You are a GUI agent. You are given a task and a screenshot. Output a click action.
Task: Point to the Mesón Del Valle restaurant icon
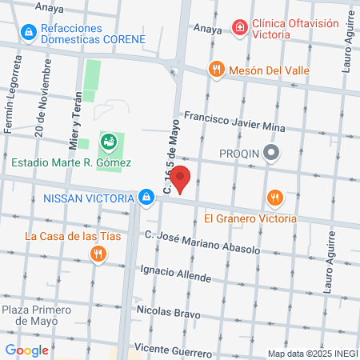[x=214, y=70]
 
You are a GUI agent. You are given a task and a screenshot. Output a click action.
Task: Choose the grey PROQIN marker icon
[x=272, y=152]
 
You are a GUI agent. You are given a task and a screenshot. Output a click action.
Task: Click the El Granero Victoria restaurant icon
[x=274, y=198]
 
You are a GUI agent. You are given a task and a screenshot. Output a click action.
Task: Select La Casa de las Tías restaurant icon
[x=98, y=254]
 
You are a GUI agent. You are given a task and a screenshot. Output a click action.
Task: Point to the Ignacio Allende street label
[x=174, y=274]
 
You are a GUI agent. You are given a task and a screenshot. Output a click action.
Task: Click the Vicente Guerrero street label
[x=173, y=350]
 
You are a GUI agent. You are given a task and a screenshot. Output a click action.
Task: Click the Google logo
[x=26, y=350]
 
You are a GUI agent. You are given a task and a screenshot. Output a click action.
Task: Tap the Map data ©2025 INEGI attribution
[x=312, y=354]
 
